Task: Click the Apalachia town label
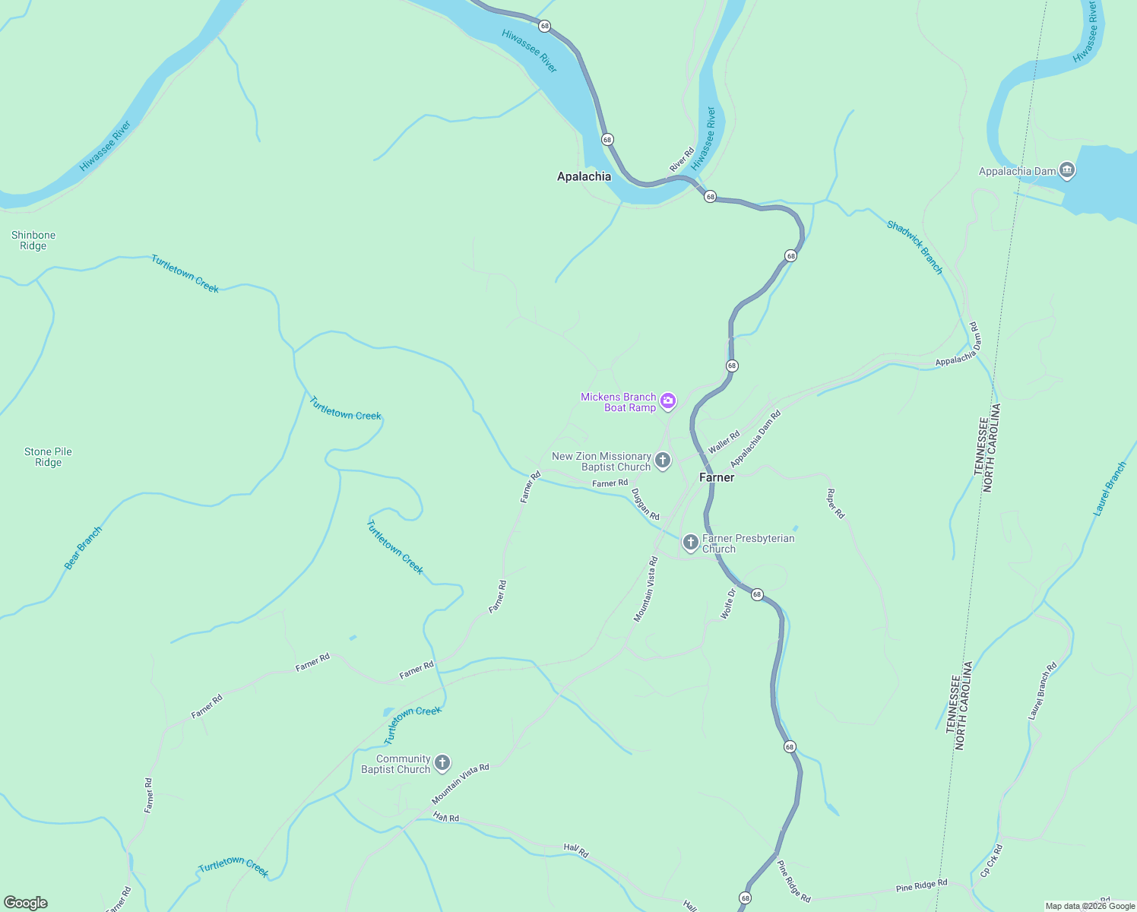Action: pos(584,176)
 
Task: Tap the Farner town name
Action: pos(717,477)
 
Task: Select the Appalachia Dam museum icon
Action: pos(1067,170)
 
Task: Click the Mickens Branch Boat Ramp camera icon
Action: pos(668,401)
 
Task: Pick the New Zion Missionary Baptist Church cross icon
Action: pos(663,460)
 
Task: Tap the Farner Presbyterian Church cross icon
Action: pos(690,542)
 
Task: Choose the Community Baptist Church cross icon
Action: pos(442,763)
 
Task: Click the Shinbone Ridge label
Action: pos(33,240)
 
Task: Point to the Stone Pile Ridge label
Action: pos(48,457)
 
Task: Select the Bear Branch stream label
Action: pos(83,548)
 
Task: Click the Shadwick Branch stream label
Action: pos(915,247)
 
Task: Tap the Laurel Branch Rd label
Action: pos(1043,692)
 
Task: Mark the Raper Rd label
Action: pos(835,504)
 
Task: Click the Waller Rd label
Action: pos(724,442)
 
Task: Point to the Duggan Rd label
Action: pos(645,504)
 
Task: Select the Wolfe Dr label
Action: pos(727,603)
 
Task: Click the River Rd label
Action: pos(682,160)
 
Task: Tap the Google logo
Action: pos(26,903)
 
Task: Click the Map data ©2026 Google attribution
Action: pos(1090,906)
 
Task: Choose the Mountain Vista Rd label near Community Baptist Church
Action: pos(461,784)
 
